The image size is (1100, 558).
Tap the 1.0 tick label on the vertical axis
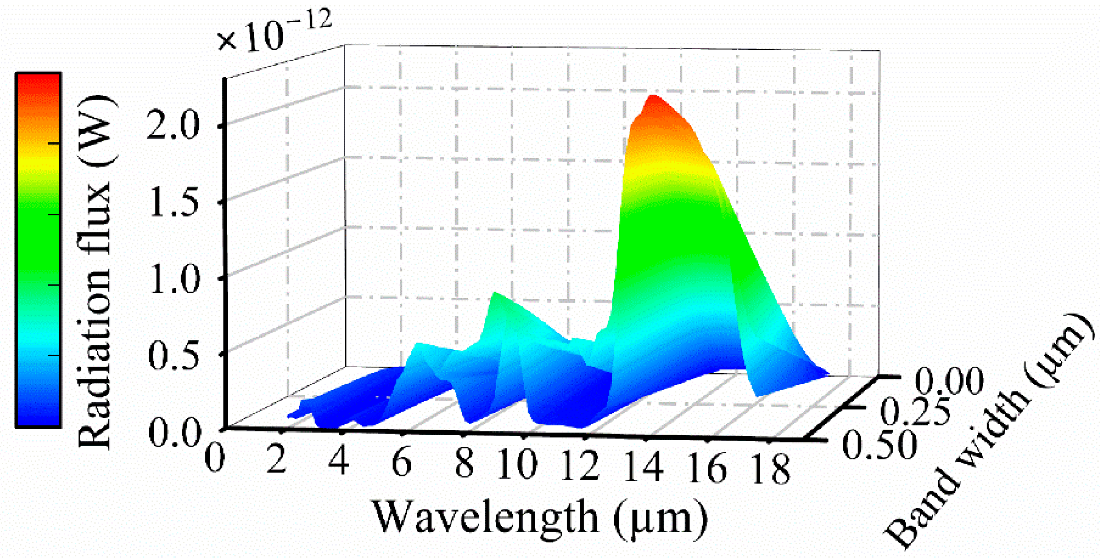click(x=173, y=279)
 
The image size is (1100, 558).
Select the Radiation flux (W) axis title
click(x=95, y=271)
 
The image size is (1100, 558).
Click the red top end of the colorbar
click(x=39, y=81)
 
